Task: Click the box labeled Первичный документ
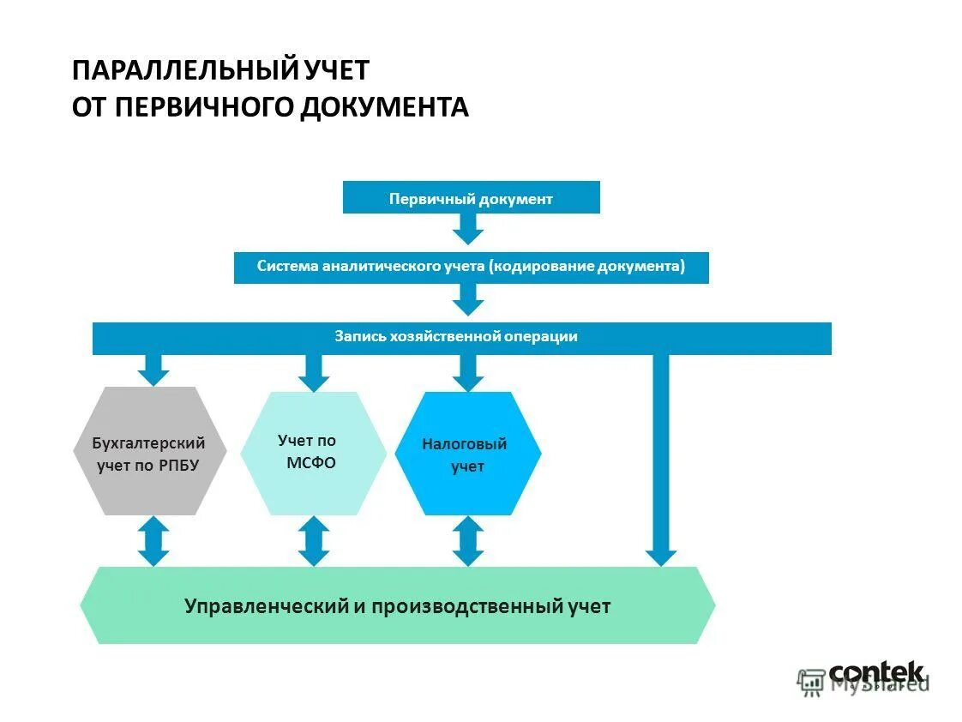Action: pos(471,198)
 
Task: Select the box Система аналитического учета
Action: pos(471,267)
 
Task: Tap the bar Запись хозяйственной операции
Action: pos(461,337)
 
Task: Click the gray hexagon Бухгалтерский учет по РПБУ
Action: pos(149,451)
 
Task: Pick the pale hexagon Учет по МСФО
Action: pos(312,452)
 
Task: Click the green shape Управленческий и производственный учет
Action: pos(397,605)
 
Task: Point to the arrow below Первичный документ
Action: pos(468,228)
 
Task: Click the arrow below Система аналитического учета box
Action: pos(468,298)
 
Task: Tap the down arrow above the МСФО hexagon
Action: pos(313,371)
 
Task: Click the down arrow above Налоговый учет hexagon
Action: pos(468,371)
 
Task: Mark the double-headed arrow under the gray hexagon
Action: pos(153,540)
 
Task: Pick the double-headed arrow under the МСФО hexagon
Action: pos(313,540)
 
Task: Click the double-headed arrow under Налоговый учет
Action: pos(468,540)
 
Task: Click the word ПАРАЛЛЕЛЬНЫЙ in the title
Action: pos(183,69)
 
